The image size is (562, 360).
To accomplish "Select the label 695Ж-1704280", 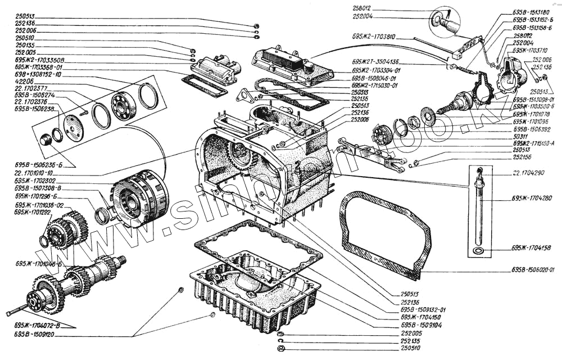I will (532, 199).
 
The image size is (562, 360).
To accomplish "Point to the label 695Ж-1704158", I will (532, 248).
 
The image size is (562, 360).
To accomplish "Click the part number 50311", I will (520, 136).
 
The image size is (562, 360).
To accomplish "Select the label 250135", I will (25, 46).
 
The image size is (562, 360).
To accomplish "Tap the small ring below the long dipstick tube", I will (479, 249).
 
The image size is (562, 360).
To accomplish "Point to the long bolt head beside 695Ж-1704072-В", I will (10, 313).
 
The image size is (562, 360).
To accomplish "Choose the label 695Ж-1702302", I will (35, 181).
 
